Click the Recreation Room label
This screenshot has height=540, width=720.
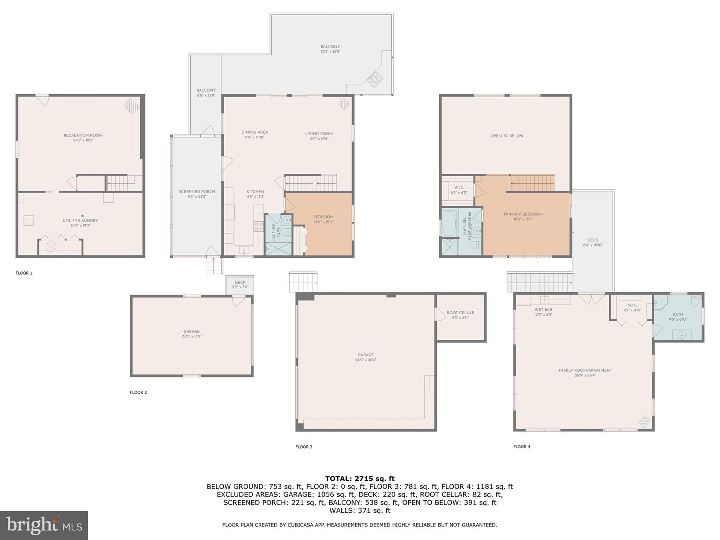click(83, 135)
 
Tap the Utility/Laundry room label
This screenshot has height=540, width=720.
click(80, 221)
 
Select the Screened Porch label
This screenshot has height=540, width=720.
click(197, 192)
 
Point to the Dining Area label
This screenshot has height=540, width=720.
click(255, 133)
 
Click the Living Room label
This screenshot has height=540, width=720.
click(319, 134)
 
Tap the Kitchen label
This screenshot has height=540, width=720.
click(255, 192)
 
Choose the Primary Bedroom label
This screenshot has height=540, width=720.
click(523, 214)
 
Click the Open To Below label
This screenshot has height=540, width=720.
click(507, 136)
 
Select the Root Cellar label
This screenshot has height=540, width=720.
click(461, 313)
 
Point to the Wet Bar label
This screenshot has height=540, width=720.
click(543, 310)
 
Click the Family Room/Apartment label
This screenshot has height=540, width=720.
click(585, 370)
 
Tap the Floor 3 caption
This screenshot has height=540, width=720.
click(304, 447)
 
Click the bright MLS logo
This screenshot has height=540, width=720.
click(44, 525)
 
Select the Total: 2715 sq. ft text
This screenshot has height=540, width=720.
click(360, 478)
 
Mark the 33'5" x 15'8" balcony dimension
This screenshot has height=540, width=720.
click(330, 52)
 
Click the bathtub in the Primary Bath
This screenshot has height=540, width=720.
click(449, 223)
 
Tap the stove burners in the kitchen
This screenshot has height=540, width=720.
click(259, 226)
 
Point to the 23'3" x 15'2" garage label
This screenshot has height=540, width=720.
click(192, 336)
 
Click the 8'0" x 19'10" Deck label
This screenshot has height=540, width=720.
click(592, 245)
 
